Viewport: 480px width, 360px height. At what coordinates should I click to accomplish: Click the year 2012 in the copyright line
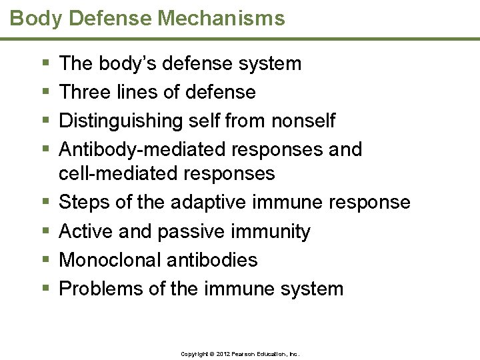pyautogui.click(x=223, y=354)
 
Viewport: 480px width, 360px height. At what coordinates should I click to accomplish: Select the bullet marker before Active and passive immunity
pyautogui.click(x=45, y=231)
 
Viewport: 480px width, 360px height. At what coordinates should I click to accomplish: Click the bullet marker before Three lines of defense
pyautogui.click(x=45, y=92)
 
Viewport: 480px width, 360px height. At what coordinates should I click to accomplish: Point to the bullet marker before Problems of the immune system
pyautogui.click(x=45, y=289)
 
